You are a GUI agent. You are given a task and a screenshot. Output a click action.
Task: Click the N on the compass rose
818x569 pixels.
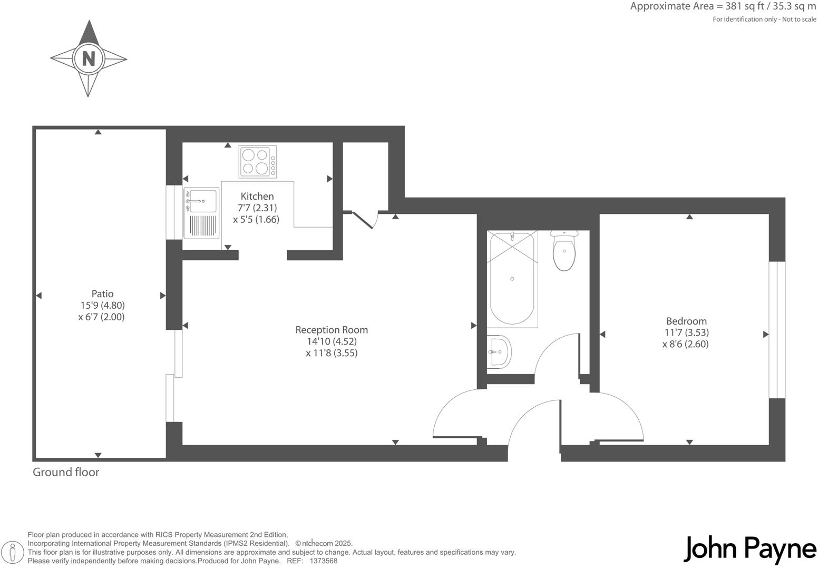tap(89, 58)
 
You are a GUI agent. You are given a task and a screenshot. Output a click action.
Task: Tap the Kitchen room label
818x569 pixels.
tap(257, 196)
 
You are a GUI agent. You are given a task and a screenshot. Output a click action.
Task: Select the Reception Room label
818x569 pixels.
tap(331, 330)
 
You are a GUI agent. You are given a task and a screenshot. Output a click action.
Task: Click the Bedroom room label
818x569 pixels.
tap(686, 321)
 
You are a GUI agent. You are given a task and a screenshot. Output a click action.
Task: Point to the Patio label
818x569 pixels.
tap(102, 293)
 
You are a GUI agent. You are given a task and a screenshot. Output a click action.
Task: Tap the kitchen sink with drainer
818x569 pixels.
tap(201, 213)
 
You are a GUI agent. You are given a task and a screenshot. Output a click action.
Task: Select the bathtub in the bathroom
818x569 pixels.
tap(512, 278)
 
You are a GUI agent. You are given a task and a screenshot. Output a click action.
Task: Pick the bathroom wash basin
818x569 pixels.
tap(499, 351)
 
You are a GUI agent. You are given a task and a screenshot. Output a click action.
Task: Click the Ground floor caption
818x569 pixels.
tap(66, 472)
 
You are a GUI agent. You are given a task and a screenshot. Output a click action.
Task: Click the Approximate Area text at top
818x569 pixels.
tap(723, 7)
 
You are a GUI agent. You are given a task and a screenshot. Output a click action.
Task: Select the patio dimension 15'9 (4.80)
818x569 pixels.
tap(102, 305)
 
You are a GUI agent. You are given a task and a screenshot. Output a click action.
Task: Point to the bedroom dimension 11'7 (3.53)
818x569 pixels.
tap(686, 332)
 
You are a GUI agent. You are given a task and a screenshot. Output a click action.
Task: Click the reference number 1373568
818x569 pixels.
tap(323, 561)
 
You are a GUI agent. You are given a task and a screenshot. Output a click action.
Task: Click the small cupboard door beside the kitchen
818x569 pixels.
tap(363, 219)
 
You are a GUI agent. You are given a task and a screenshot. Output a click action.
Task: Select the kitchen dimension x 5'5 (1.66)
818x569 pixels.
tap(256, 219)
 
